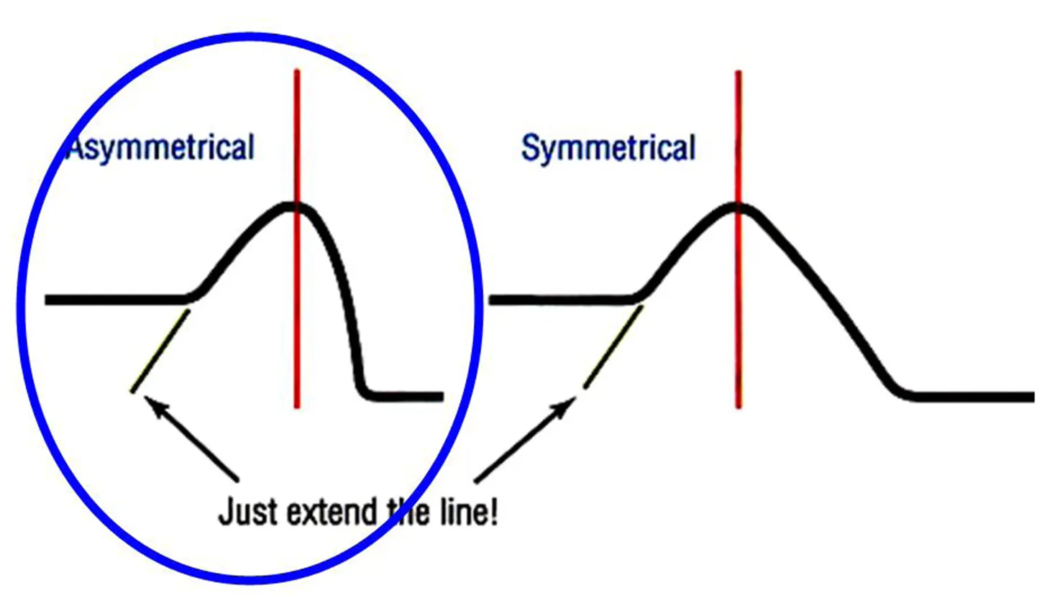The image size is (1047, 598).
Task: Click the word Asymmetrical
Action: click(x=160, y=148)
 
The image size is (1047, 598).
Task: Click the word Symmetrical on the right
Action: click(x=608, y=149)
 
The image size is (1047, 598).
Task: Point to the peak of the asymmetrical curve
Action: click(x=291, y=207)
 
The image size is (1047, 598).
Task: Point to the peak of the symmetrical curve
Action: click(x=736, y=207)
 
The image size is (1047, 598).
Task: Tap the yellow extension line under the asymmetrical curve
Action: click(x=160, y=351)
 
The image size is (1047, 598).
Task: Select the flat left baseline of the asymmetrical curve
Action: click(x=115, y=299)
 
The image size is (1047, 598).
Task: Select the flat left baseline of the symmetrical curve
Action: click(x=561, y=299)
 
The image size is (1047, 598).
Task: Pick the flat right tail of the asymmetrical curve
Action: click(x=406, y=396)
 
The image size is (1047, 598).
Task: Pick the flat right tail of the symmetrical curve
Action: click(x=971, y=396)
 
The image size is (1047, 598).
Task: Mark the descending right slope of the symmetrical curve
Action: click(x=827, y=302)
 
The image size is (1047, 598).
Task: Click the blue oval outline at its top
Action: click(x=248, y=36)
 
